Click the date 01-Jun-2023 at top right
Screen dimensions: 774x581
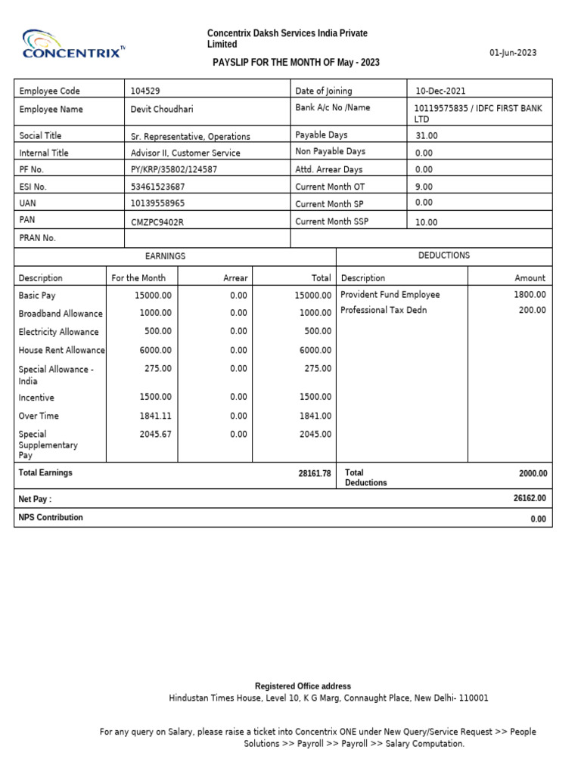point(513,52)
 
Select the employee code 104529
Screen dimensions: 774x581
point(145,91)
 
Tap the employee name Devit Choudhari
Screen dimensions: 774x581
point(162,109)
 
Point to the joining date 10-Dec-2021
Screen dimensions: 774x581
point(440,91)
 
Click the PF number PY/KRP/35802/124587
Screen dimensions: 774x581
point(174,169)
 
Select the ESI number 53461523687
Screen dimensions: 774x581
point(157,186)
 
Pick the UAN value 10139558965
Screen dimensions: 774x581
point(157,203)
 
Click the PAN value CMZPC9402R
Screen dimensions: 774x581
point(157,221)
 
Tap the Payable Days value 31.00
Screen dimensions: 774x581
point(427,136)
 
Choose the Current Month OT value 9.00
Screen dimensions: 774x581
point(424,186)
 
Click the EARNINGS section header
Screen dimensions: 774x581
point(165,256)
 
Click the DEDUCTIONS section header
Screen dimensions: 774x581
point(444,255)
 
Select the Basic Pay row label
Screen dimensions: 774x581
point(37,296)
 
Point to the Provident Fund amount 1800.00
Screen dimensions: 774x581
point(530,295)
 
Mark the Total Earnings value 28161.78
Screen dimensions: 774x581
point(315,473)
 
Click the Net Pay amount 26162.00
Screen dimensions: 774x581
point(530,498)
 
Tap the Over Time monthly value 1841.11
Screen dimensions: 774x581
point(156,416)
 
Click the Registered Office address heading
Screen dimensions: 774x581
point(303,686)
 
